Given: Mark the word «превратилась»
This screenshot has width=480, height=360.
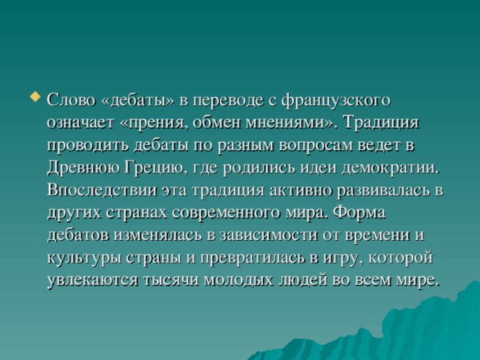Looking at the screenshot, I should (x=250, y=257).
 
